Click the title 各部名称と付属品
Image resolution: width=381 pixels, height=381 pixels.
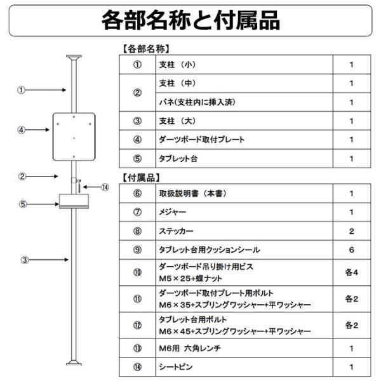(x=190, y=20)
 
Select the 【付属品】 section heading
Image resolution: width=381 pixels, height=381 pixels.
(x=140, y=177)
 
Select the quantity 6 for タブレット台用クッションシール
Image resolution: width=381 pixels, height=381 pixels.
(x=351, y=250)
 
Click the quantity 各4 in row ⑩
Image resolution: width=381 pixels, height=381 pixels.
(x=351, y=273)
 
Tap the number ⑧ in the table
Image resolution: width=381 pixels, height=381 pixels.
(x=137, y=231)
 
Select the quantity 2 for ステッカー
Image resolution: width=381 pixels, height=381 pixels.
(x=351, y=231)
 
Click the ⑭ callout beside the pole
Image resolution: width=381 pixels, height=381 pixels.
(x=105, y=187)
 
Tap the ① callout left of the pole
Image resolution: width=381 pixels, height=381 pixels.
(x=22, y=90)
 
